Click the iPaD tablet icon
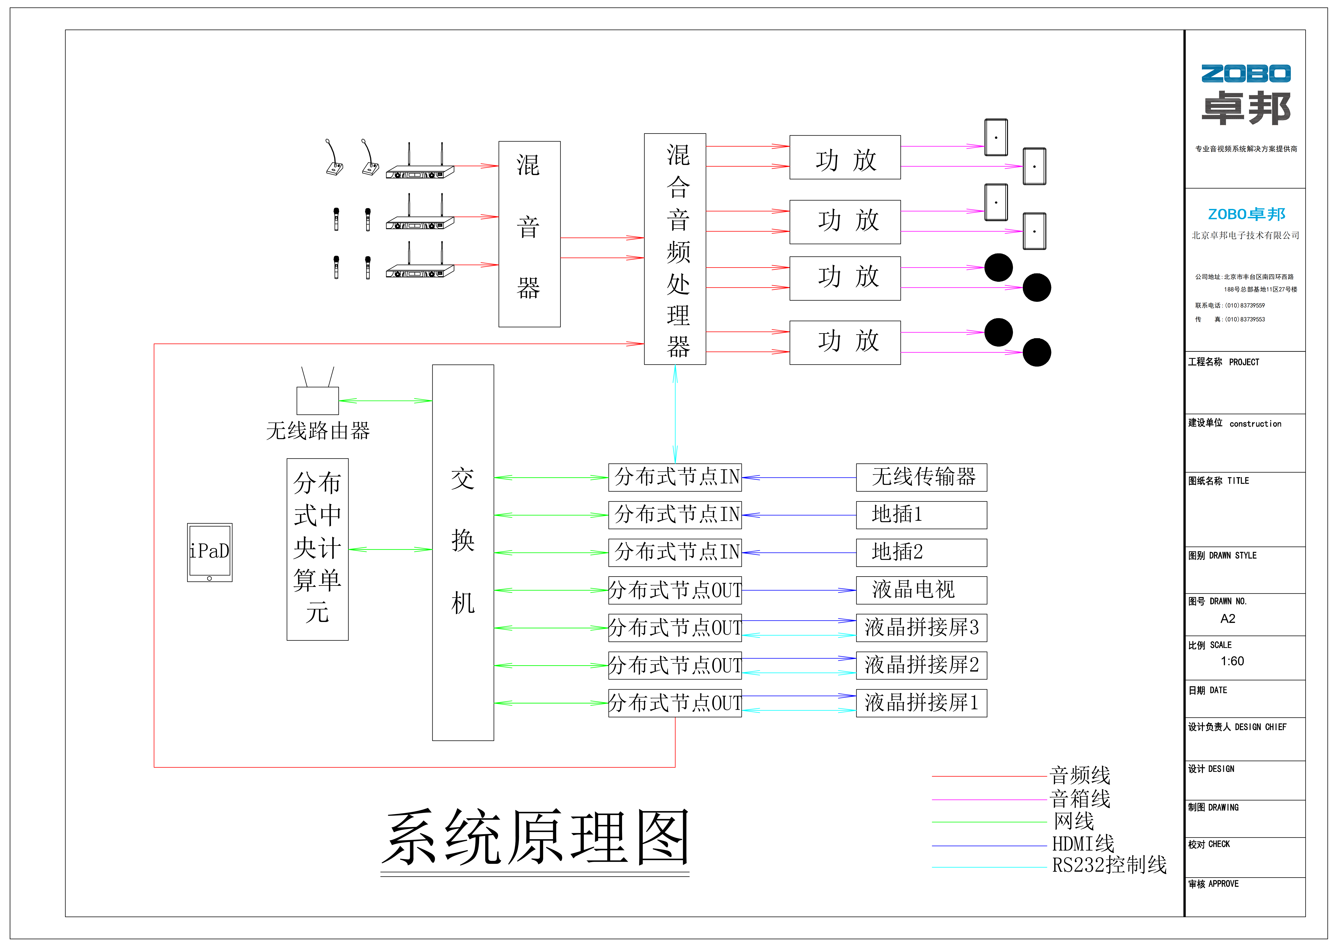click(209, 552)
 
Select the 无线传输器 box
click(921, 477)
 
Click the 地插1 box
click(921, 515)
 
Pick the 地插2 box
click(921, 552)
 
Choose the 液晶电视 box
click(921, 590)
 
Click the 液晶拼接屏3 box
click(921, 627)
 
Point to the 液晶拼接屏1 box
click(921, 703)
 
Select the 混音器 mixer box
click(529, 234)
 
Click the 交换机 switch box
click(463, 552)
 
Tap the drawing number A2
click(1227, 619)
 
